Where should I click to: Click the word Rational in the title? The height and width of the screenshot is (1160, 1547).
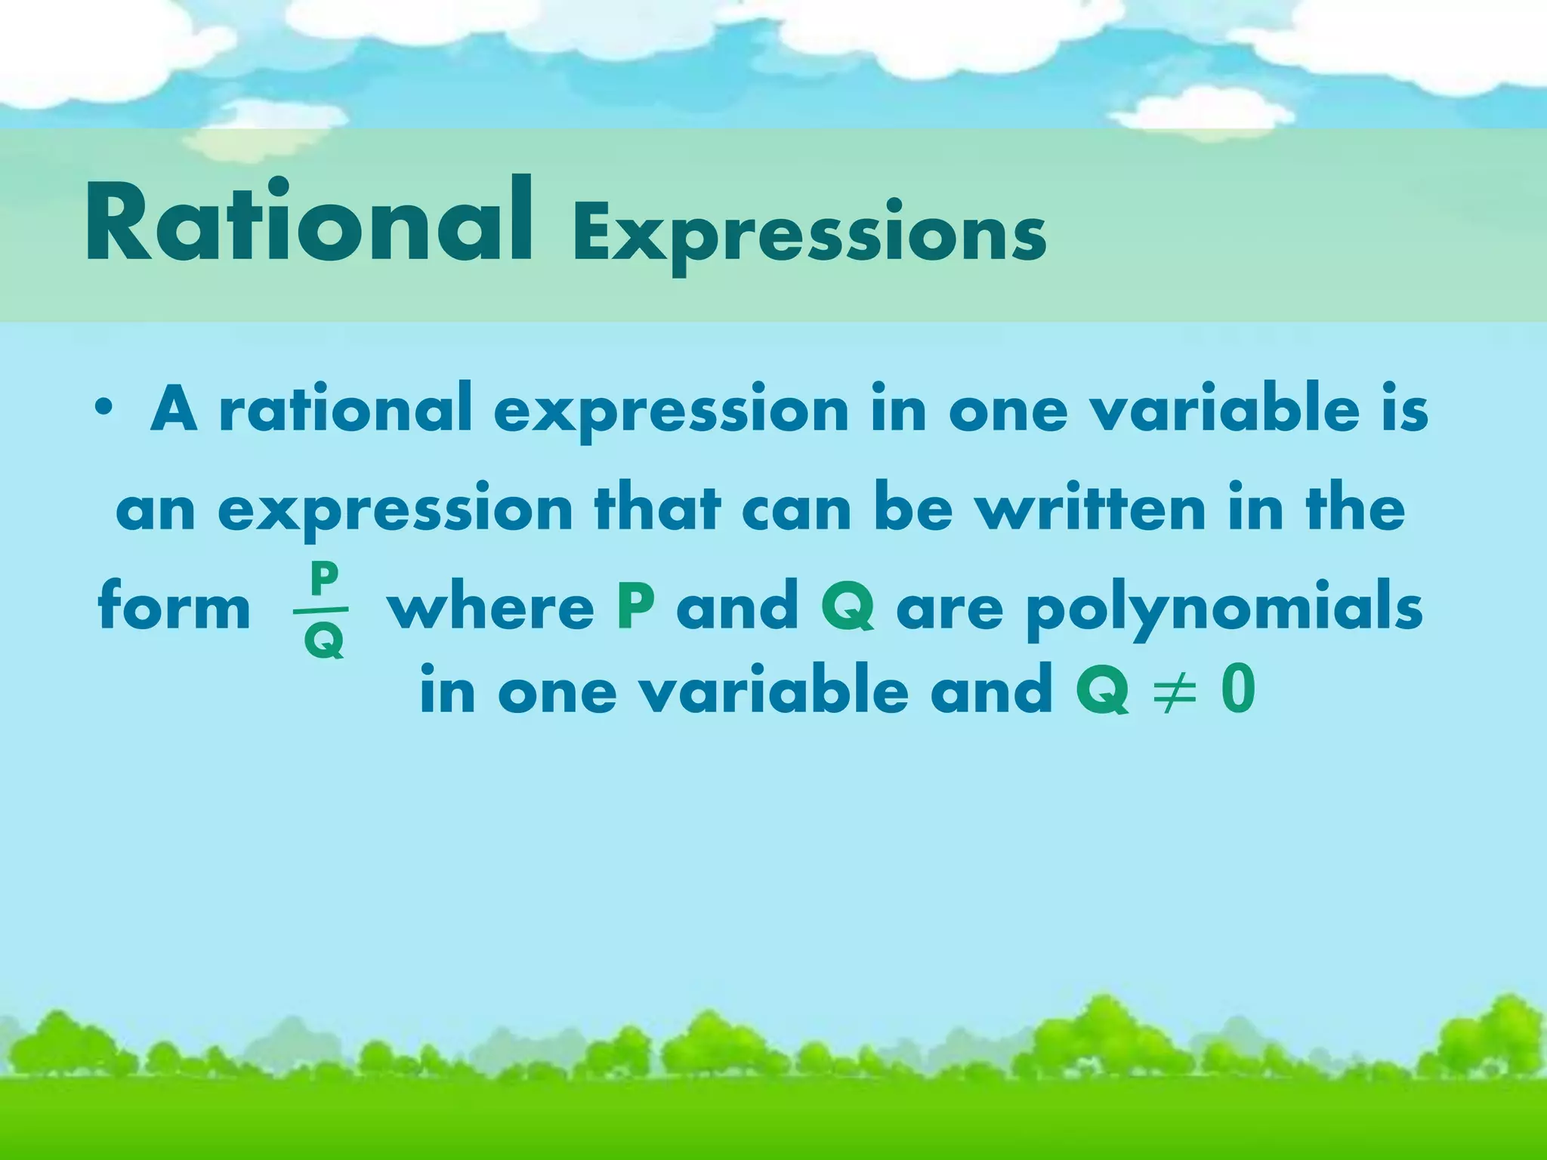(x=308, y=223)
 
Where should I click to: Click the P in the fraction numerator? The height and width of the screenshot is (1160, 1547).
(x=323, y=580)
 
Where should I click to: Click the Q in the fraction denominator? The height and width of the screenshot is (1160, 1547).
(x=323, y=641)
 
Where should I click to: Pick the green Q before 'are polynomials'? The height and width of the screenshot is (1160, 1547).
(x=848, y=608)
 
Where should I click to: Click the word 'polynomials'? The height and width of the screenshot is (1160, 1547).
(x=1224, y=608)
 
